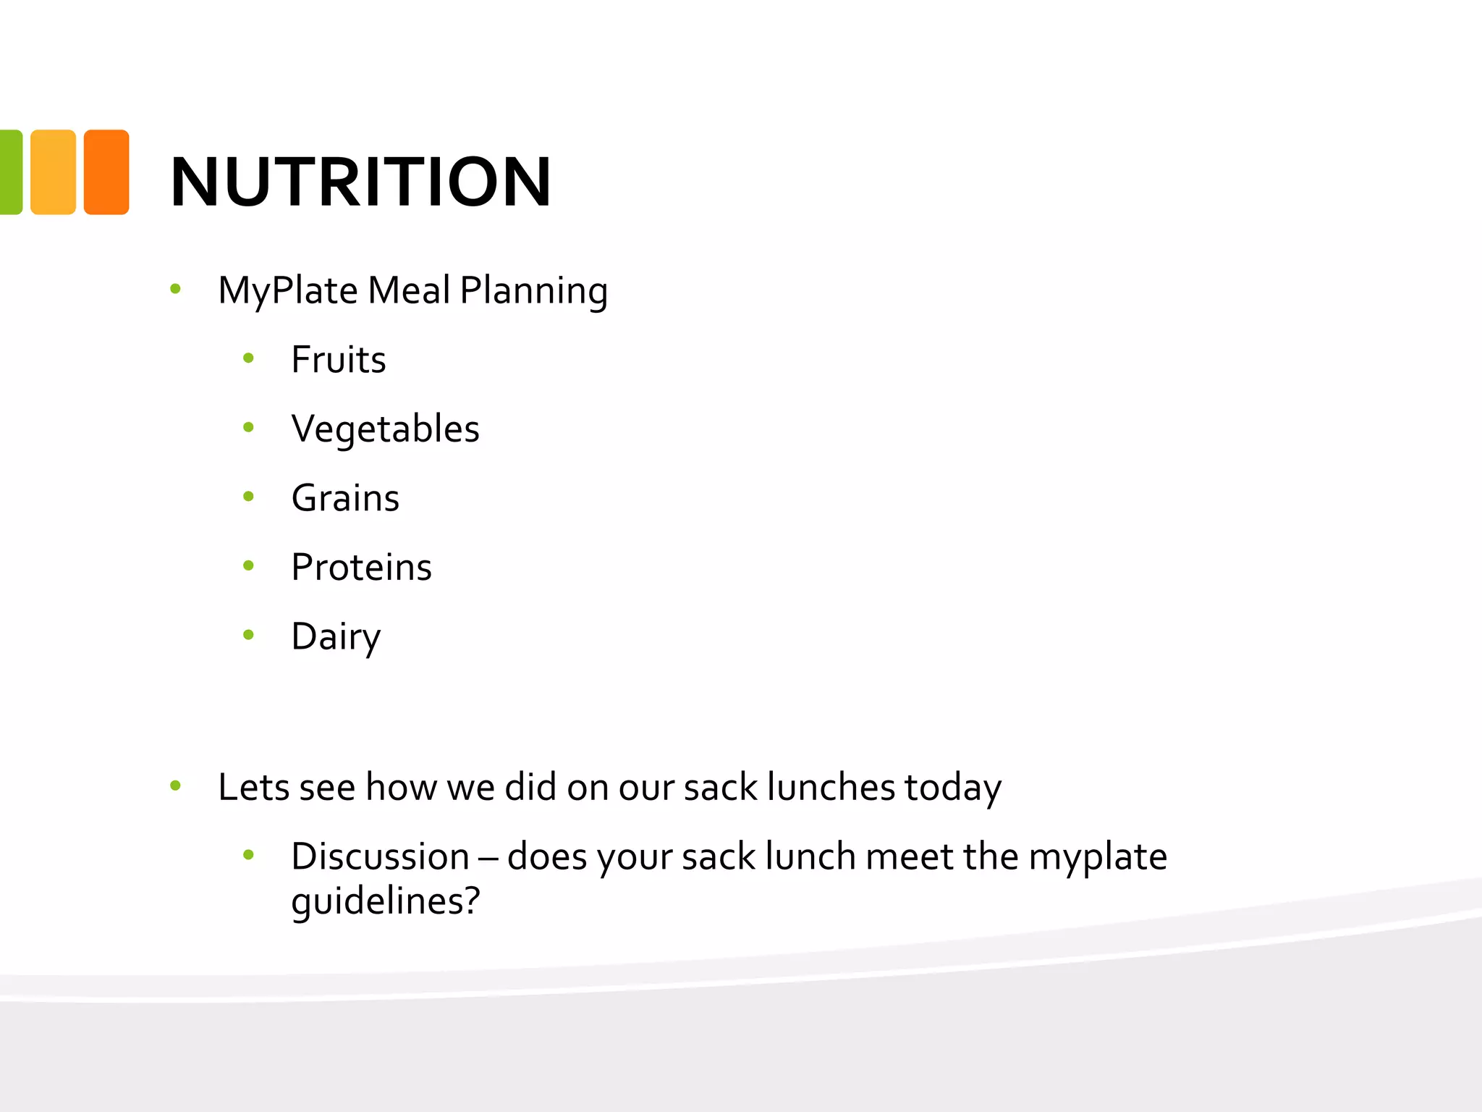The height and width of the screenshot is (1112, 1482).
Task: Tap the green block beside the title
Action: (10, 172)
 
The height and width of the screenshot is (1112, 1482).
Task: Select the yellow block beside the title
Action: (53, 172)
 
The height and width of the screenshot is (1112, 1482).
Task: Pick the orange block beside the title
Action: (106, 172)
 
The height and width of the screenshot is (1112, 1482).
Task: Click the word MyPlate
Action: (288, 291)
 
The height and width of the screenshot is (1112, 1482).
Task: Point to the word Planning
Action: (533, 291)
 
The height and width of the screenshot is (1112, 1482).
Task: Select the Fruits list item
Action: (338, 360)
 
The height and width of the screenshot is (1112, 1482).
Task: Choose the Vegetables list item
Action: (385, 429)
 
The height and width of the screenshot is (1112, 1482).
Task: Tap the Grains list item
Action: (345, 498)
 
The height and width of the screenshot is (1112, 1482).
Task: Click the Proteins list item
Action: (361, 567)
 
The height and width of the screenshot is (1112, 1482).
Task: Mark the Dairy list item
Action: (336, 637)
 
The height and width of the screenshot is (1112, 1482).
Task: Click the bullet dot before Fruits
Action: (249, 358)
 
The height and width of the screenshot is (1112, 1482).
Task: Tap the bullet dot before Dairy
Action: (249, 635)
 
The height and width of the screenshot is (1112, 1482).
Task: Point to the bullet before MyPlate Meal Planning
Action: (175, 290)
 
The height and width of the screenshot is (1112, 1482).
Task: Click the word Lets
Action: (253, 787)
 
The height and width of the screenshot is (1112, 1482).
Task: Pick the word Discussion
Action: (380, 856)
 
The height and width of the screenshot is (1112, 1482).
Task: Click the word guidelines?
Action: (385, 901)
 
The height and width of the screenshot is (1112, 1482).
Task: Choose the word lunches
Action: (831, 787)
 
